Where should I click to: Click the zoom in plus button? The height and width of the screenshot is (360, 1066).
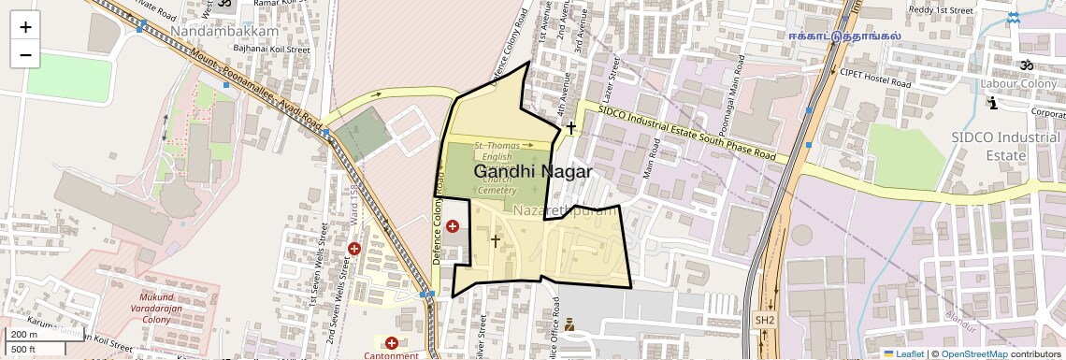[x=25, y=27]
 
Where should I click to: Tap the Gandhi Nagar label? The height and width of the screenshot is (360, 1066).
[x=532, y=172]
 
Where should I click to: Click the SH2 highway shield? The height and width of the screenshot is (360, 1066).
[x=765, y=321]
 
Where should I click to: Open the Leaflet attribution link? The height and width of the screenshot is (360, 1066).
[x=903, y=353]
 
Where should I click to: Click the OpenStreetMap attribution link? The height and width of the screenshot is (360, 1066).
[x=973, y=353]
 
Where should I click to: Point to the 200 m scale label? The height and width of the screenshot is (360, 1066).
[x=24, y=335]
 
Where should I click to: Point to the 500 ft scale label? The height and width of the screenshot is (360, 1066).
[x=24, y=350]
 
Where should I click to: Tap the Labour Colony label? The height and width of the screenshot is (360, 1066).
[x=1018, y=84]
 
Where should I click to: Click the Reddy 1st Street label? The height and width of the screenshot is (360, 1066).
[x=941, y=10]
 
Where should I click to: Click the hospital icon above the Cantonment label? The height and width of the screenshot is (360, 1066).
[x=391, y=343]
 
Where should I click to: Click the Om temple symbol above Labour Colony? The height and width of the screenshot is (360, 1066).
[x=1026, y=65]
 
